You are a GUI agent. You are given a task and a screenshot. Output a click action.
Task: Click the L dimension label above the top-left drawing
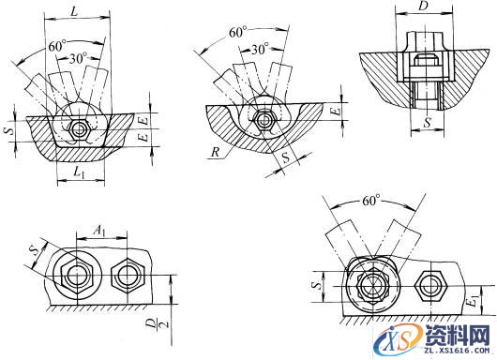tap(74, 11)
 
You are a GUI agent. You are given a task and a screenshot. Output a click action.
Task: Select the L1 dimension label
tap(80, 172)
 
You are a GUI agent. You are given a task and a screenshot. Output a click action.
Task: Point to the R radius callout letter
tap(216, 153)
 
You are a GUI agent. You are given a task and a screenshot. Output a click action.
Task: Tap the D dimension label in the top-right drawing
tap(424, 6)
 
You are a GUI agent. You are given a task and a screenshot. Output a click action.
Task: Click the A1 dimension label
tap(99, 231)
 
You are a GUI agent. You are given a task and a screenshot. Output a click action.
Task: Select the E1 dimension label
tap(474, 300)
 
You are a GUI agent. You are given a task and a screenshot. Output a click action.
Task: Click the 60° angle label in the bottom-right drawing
tap(370, 201)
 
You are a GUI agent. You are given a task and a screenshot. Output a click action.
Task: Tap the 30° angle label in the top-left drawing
tap(78, 59)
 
